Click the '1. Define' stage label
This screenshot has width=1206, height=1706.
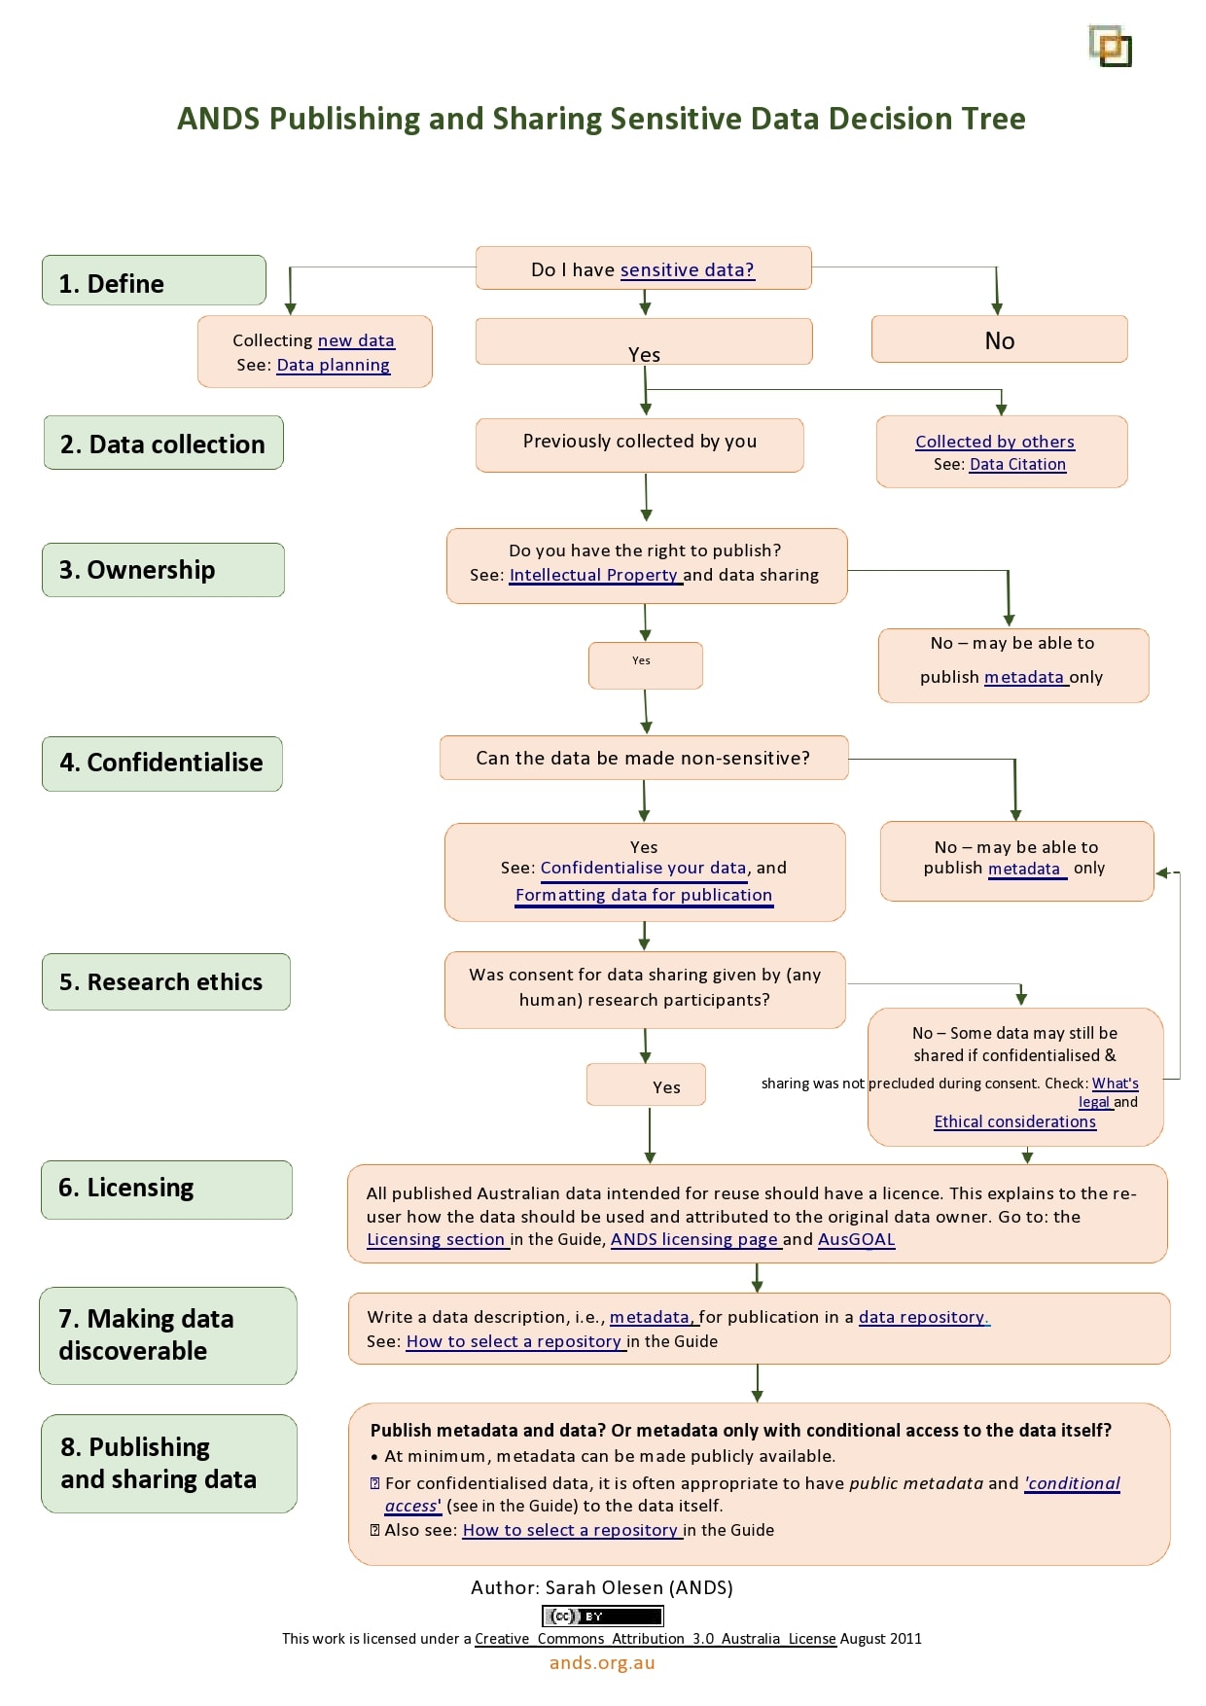point(154,282)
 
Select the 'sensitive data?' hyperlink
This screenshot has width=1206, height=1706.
point(687,270)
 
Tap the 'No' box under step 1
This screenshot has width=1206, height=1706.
point(999,340)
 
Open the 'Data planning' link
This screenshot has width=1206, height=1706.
point(333,366)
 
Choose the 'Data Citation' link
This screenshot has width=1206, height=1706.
point(1017,465)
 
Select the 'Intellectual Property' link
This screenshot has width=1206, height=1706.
point(593,575)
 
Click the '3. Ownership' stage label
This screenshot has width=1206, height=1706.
point(162,570)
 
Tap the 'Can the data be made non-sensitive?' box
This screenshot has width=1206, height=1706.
point(643,758)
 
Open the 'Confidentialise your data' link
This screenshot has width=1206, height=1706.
point(643,868)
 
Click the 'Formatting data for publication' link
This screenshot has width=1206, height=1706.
point(643,895)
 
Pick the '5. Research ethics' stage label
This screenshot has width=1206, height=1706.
point(165,981)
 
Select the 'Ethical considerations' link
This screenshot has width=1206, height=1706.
point(1014,1121)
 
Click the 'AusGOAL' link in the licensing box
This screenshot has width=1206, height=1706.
point(856,1239)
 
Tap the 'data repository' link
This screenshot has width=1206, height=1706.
point(923,1317)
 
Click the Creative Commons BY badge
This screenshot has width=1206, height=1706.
point(602,1617)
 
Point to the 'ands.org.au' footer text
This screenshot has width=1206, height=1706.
point(602,1662)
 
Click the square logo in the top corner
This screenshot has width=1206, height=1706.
point(1110,46)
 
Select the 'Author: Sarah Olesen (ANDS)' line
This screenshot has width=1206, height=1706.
point(602,1587)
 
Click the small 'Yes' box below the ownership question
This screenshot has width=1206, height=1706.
point(645,665)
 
